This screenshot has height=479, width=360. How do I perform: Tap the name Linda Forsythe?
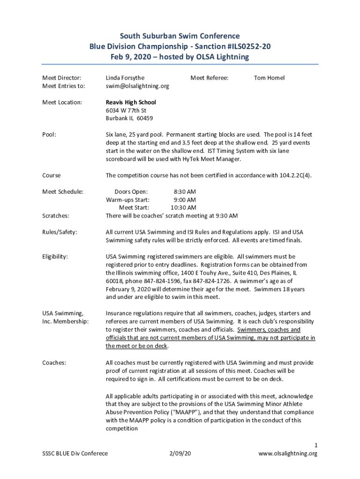click(125, 78)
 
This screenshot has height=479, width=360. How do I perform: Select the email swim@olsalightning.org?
click(137, 86)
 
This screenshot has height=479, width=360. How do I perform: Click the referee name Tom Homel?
click(269, 78)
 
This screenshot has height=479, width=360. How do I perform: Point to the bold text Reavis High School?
click(131, 102)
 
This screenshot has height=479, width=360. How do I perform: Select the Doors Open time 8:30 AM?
click(185, 191)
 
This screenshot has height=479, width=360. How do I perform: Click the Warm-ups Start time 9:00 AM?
click(185, 200)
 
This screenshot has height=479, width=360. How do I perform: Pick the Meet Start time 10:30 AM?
click(183, 208)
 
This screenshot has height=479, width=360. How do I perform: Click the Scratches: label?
click(56, 216)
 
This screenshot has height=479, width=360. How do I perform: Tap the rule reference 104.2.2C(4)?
click(293, 175)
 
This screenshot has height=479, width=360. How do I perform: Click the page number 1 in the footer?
click(316, 445)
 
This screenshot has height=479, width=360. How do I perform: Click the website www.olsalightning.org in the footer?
click(288, 453)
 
